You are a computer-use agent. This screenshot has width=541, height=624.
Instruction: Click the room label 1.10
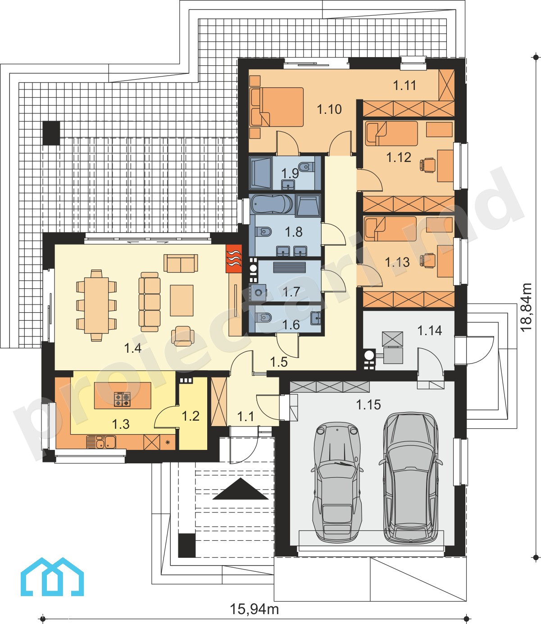tap(329, 109)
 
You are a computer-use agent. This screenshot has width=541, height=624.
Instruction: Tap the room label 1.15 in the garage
tap(368, 404)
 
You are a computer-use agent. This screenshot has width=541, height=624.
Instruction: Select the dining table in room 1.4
tap(96, 305)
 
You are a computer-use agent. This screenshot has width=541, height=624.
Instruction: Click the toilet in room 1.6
tap(263, 318)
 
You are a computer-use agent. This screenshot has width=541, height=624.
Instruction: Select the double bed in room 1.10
tap(277, 107)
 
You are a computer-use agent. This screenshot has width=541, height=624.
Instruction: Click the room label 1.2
tap(191, 416)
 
